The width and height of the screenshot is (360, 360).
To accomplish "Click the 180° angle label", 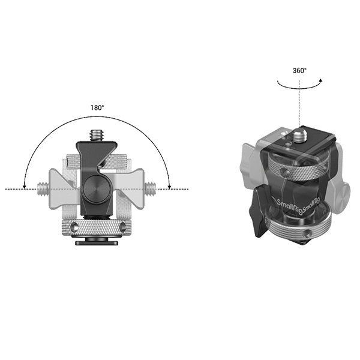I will coord(97,108).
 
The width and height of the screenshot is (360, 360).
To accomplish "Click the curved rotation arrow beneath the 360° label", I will coord(298,83).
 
